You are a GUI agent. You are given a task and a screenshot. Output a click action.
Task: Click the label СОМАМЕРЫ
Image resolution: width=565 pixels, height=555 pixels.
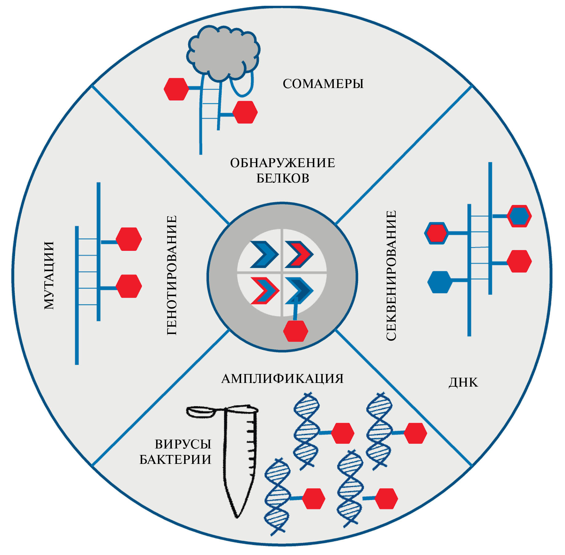click(323, 84)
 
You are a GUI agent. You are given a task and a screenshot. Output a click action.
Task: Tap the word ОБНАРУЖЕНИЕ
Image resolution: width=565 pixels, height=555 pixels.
click(282, 163)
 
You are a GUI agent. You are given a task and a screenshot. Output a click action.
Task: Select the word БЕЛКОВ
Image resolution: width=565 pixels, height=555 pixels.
click(283, 179)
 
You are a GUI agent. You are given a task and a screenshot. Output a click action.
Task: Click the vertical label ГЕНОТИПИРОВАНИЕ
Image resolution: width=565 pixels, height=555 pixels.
click(172, 275)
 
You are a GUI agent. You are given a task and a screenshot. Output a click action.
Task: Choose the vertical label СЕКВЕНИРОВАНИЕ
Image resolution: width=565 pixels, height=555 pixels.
click(391, 275)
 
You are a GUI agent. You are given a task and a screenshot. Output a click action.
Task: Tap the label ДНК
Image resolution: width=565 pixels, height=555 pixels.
click(463, 383)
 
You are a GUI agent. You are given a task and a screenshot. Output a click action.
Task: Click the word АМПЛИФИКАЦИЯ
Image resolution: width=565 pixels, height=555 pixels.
click(282, 379)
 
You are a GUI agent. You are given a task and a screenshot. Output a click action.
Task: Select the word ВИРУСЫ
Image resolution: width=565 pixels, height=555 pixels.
click(183, 444)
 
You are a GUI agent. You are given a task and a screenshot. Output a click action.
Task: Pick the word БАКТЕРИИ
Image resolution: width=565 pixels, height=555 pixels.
click(176, 460)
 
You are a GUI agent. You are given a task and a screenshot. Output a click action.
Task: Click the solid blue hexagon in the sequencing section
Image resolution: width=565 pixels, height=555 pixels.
click(440, 282)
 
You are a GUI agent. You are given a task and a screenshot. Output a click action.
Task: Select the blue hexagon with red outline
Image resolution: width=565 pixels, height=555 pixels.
click(519, 216)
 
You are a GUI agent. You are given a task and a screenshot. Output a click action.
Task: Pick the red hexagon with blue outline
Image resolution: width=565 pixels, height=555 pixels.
click(436, 233)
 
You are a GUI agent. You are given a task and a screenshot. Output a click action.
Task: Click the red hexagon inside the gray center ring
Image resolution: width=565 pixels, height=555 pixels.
click(296, 331)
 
